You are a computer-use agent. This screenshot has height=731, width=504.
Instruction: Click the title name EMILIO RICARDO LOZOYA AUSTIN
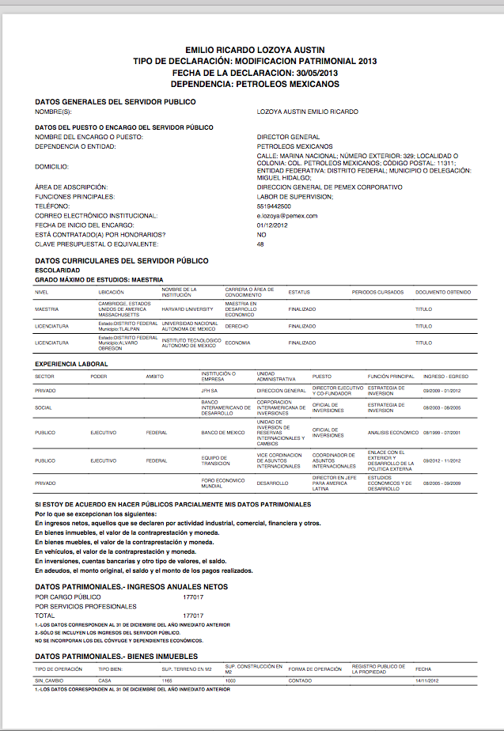coord(255,50)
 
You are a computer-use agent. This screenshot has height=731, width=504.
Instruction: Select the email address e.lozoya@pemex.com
coord(287,216)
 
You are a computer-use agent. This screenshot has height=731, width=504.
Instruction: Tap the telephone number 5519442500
coord(275,206)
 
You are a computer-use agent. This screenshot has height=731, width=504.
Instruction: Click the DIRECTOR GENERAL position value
coord(288,138)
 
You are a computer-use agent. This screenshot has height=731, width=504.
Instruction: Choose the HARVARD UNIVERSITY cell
coord(188,309)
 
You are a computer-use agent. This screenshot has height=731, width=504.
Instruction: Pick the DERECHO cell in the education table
coord(237,326)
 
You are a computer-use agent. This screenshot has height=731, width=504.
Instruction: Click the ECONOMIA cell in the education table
coord(238,343)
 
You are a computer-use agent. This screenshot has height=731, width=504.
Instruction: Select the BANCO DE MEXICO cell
coord(223,433)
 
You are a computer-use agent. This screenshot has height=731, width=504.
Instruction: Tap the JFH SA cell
coord(209,391)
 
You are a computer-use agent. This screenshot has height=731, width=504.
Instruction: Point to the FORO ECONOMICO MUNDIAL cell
coord(222,483)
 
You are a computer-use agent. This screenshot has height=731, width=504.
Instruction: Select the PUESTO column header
coord(322,377)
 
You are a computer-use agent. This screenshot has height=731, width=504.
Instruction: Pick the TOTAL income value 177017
coord(193,615)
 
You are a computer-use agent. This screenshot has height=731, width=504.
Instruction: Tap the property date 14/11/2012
coord(428,681)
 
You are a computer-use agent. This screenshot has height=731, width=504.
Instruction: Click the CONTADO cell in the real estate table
coord(300,681)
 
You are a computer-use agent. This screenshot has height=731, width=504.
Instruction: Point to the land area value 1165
coord(167,681)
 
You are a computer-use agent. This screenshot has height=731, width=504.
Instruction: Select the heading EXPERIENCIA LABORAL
coord(72,364)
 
